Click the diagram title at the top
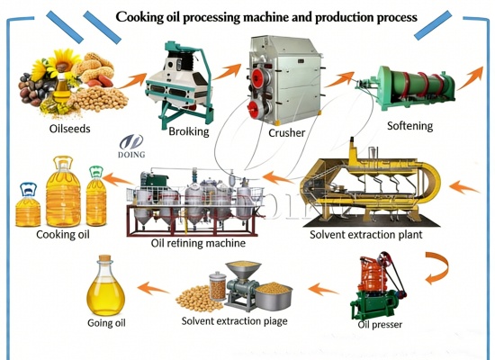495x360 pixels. click(265, 16)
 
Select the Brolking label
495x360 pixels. click(189, 131)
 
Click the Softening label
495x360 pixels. click(409, 126)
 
